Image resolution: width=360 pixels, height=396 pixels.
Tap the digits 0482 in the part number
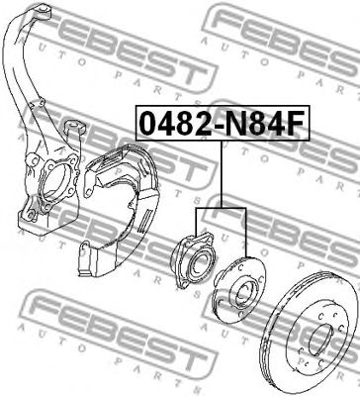point(168,126)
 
